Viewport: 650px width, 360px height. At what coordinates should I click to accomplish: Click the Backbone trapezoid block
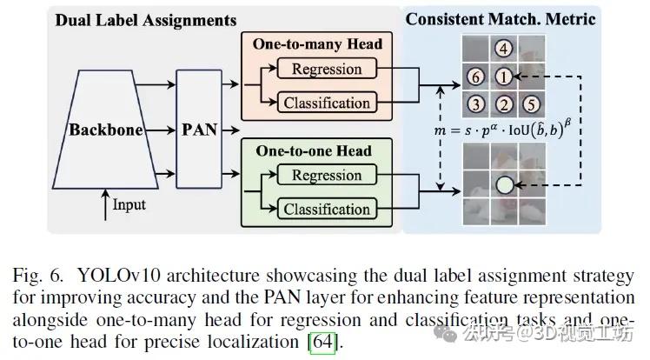(x=105, y=130)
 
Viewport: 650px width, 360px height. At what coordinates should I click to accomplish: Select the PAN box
(x=199, y=130)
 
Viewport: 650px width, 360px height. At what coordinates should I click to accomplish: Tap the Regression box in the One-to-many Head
(x=327, y=69)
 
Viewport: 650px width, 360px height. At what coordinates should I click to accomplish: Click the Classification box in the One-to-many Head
(x=327, y=103)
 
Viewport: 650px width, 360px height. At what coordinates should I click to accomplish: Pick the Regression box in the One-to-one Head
(x=327, y=175)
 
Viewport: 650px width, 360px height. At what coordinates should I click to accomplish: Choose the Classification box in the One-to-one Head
(x=327, y=209)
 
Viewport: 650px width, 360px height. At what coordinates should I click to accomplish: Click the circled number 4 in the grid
(x=504, y=49)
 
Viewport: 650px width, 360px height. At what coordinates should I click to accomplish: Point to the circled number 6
(x=475, y=77)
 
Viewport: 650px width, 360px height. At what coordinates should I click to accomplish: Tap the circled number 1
(x=504, y=77)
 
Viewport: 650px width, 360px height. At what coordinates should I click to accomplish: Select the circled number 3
(x=475, y=104)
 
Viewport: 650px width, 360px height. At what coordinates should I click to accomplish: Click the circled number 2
(x=504, y=104)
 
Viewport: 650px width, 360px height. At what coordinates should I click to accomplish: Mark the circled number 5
(x=531, y=104)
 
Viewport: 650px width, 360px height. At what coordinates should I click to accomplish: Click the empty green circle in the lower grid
(x=505, y=185)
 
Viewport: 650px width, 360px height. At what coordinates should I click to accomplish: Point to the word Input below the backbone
(x=129, y=205)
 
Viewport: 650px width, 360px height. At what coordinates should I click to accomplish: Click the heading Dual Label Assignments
(x=145, y=20)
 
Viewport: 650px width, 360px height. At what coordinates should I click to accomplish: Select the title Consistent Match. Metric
(x=501, y=19)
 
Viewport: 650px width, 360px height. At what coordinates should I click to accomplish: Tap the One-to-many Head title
(x=317, y=44)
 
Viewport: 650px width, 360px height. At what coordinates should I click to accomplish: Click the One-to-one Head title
(x=314, y=151)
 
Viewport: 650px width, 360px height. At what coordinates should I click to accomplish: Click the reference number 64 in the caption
(x=323, y=342)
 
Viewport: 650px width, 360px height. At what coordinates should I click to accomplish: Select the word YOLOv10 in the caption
(x=118, y=276)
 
